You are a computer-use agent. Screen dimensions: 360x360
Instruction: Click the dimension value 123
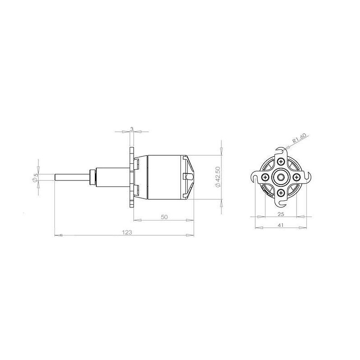point(127,232)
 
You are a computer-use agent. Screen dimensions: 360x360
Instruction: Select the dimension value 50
point(164,217)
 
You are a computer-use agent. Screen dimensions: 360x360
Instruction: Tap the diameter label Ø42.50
point(218,177)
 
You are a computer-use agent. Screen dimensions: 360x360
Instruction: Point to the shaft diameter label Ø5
point(36,177)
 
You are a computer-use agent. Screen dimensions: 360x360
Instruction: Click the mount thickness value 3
point(132,129)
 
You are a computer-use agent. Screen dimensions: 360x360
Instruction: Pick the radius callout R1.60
point(299,139)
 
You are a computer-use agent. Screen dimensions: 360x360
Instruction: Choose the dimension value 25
point(281,214)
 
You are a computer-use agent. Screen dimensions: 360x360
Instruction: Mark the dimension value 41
point(281,225)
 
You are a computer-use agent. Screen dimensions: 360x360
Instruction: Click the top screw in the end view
point(280,162)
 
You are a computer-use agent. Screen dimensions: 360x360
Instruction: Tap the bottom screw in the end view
point(280,193)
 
